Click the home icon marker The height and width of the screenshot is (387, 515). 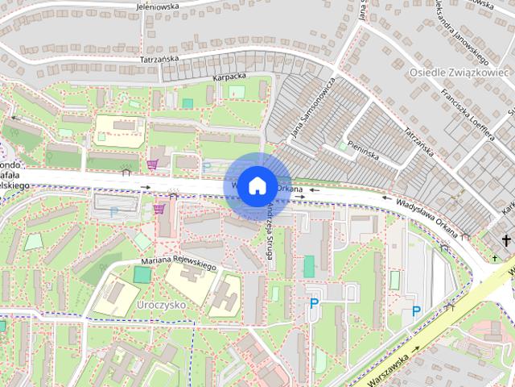coord(255,185)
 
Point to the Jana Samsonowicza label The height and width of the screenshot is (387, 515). coord(308,109)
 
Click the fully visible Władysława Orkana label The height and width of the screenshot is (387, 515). coord(426,215)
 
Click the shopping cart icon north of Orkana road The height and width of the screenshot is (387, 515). coord(152,164)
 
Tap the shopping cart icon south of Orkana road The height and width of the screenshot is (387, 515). coord(159,208)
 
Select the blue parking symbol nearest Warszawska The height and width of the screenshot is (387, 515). coord(415,311)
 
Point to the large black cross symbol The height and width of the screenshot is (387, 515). coord(506,239)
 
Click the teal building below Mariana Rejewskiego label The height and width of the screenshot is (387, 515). coord(142,275)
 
